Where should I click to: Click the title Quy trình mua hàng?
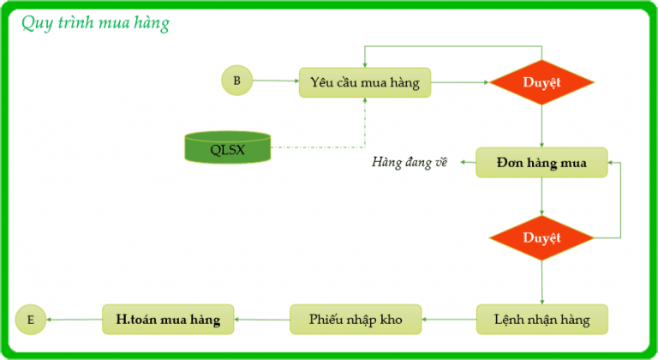click(x=95, y=23)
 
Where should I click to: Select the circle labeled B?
click(x=236, y=81)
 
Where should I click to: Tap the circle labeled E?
click(x=31, y=320)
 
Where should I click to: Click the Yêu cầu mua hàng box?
click(x=365, y=82)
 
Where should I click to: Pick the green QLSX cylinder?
click(x=227, y=149)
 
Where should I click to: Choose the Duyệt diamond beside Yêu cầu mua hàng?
click(x=541, y=83)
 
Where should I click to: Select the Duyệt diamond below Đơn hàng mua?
click(x=541, y=237)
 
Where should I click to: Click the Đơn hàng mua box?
click(x=542, y=163)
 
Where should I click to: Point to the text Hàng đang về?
click(x=410, y=163)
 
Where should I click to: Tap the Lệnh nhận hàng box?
click(x=541, y=320)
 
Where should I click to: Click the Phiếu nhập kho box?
click(x=356, y=320)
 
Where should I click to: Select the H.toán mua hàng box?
click(x=168, y=320)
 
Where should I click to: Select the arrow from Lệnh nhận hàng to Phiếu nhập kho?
click(x=451, y=320)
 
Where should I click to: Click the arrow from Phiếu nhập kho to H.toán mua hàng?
click(x=262, y=320)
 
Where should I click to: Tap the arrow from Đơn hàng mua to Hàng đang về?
click(x=466, y=163)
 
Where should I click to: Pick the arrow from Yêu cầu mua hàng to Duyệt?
click(x=459, y=83)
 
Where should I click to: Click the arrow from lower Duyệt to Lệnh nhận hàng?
click(x=541, y=283)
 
